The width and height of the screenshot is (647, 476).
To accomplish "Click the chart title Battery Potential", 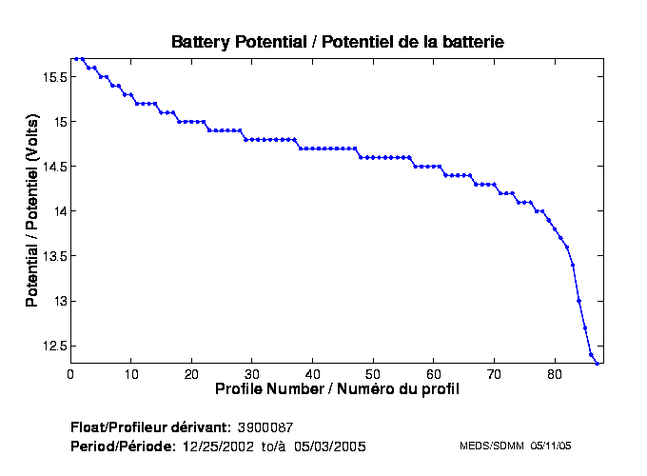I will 338,42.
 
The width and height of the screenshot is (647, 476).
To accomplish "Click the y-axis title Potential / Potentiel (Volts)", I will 32,211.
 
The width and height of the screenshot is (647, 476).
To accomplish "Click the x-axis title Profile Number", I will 337,389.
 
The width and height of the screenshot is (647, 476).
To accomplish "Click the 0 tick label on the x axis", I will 70,374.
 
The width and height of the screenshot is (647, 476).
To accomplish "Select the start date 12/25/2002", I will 220,446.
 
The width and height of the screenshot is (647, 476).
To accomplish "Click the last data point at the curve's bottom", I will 597,363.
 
